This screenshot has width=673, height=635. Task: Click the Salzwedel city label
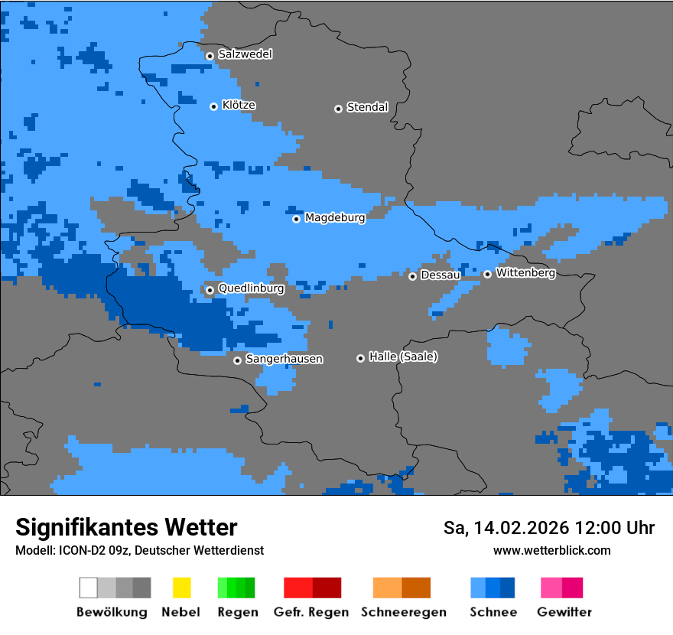(245, 54)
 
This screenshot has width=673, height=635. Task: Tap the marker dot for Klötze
(213, 106)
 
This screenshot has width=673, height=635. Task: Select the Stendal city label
(367, 107)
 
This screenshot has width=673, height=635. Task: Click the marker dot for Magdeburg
(297, 219)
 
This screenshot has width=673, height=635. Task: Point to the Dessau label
(441, 275)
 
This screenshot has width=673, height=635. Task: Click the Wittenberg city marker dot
(487, 274)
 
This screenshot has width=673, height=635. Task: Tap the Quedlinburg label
(251, 288)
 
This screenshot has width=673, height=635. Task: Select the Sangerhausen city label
(284, 359)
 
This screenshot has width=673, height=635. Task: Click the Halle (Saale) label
(403, 357)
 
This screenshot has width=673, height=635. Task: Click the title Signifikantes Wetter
(126, 527)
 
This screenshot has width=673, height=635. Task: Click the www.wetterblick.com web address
(551, 550)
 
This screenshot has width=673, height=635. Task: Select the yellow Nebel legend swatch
(181, 588)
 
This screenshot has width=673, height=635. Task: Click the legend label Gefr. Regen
(312, 612)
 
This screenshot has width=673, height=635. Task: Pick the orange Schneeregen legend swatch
(387, 588)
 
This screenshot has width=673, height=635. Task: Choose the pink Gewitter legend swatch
(551, 588)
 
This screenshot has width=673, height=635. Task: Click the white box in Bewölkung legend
(89, 588)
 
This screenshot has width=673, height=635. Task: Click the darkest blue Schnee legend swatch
(508, 588)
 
